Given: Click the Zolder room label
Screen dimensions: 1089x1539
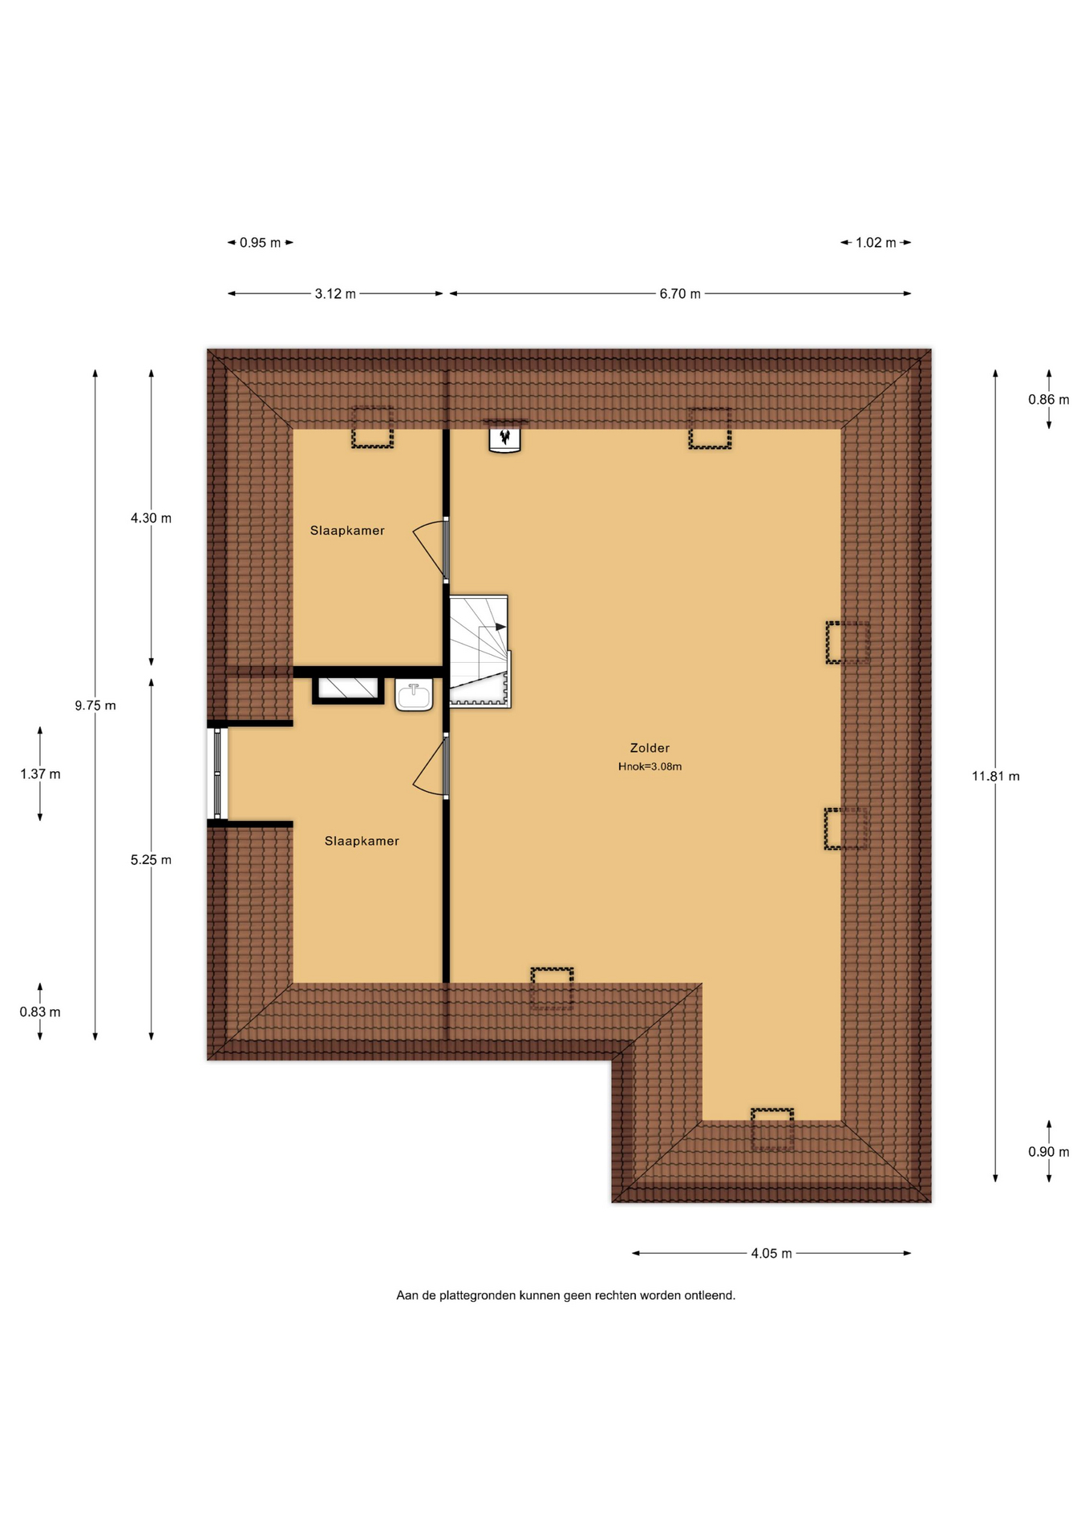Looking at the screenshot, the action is point(650,748).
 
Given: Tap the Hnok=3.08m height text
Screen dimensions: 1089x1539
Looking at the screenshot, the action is point(650,766).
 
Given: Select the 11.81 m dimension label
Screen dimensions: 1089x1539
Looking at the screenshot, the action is point(995,776).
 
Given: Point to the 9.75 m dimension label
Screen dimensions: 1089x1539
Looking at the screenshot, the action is point(95,705).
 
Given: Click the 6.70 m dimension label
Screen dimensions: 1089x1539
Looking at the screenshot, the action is point(680,294).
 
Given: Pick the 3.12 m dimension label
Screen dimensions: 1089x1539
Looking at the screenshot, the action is point(335,294).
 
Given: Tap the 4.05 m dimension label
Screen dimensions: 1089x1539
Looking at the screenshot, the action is point(771,1254).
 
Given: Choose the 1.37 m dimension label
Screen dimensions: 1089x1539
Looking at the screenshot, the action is point(40,774).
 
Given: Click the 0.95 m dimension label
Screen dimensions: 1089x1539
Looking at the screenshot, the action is point(261,243).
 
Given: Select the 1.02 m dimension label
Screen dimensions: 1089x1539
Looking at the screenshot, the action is point(876,243).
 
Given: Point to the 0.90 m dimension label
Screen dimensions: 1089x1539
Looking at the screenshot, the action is point(1049,1152).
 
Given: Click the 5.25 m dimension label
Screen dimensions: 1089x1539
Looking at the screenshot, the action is point(151,860).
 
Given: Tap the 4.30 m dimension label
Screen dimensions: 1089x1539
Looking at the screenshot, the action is point(151,519).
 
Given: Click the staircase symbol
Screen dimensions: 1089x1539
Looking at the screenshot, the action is point(480,652).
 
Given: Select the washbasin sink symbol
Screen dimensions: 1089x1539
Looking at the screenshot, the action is point(414,695).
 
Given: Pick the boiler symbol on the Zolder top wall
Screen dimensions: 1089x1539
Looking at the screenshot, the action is point(505,437).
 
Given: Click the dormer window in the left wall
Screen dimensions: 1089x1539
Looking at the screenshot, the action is point(217,774).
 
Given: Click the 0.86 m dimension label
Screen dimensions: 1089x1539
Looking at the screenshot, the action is point(1049,399).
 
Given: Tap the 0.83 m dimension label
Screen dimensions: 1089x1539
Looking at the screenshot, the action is point(40,1012).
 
